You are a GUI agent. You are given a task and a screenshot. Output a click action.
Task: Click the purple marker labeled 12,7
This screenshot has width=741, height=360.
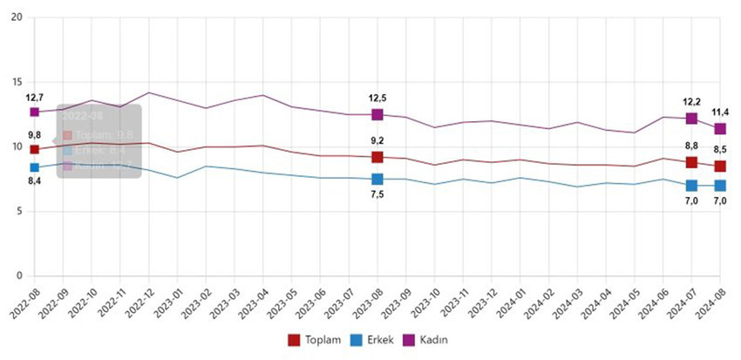pyautogui.click(x=34, y=112)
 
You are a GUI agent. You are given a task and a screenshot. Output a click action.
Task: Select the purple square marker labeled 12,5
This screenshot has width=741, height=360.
pyautogui.click(x=377, y=114)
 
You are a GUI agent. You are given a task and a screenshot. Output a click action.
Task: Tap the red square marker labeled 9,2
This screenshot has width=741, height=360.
pyautogui.click(x=377, y=157)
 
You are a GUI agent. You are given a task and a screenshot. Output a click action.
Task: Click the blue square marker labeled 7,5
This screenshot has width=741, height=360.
pyautogui.click(x=377, y=179)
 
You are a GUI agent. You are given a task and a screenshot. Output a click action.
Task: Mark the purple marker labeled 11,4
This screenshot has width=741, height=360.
pyautogui.click(x=720, y=128)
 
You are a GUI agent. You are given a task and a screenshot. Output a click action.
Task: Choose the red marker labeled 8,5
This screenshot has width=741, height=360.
pyautogui.click(x=720, y=166)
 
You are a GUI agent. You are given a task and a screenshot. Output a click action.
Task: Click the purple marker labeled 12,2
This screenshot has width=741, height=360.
pyautogui.click(x=691, y=118)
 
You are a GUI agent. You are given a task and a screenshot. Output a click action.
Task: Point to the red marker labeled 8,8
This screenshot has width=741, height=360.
pyautogui.click(x=691, y=162)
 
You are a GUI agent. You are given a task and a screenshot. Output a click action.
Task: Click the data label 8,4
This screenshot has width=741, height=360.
pyautogui.click(x=34, y=180)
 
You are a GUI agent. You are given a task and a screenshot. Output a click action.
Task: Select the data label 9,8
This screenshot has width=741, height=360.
pyautogui.click(x=34, y=135)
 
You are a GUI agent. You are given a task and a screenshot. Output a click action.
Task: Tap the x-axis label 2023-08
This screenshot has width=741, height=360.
pyautogui.click(x=367, y=302)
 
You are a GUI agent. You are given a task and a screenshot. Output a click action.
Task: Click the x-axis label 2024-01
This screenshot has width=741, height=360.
pyautogui.click(x=510, y=302)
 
